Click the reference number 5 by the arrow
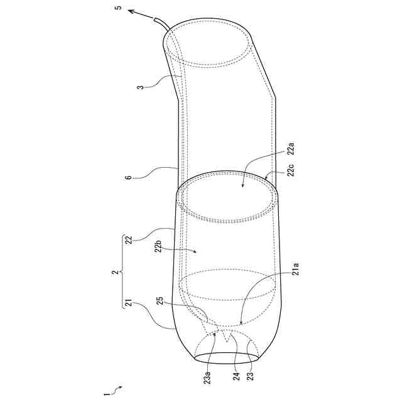(119, 7)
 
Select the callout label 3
(141, 87)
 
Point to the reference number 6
(129, 177)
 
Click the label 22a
(291, 148)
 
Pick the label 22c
(291, 170)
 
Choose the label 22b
(159, 246)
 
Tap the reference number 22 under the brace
(130, 239)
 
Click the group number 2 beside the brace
(116, 272)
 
